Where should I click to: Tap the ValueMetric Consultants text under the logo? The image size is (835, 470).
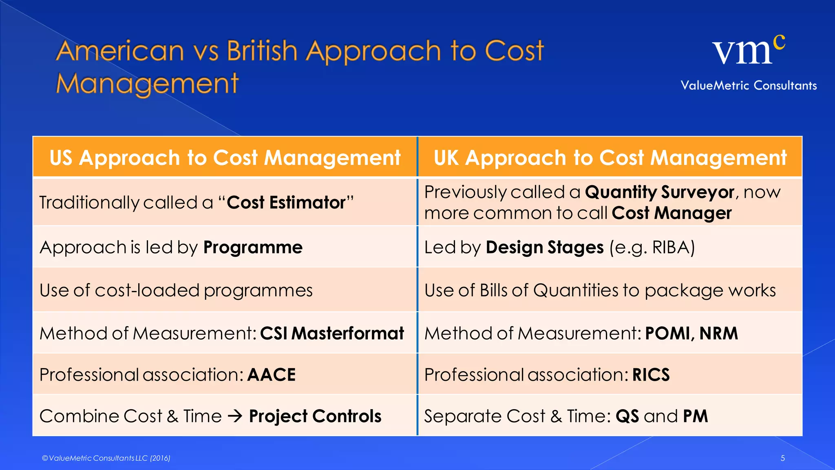pyautogui.click(x=749, y=85)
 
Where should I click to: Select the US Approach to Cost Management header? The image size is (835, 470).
pyautogui.click(x=225, y=157)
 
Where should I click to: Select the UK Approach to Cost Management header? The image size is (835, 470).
pyautogui.click(x=610, y=157)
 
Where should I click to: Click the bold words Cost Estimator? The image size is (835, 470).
pyautogui.click(x=286, y=203)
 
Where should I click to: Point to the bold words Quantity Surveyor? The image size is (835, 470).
pyautogui.click(x=659, y=192)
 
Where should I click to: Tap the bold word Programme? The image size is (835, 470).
pyautogui.click(x=253, y=247)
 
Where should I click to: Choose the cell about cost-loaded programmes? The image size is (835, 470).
pyautogui.click(x=176, y=290)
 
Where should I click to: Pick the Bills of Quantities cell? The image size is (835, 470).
pyautogui.click(x=600, y=290)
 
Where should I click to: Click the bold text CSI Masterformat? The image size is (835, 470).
pyautogui.click(x=331, y=333)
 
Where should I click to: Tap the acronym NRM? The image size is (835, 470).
pyautogui.click(x=718, y=333)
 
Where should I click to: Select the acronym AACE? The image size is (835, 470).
pyautogui.click(x=271, y=375)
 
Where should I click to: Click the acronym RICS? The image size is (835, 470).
pyautogui.click(x=651, y=375)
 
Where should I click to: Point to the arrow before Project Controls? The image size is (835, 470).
pyautogui.click(x=235, y=416)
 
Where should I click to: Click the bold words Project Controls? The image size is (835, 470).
pyautogui.click(x=315, y=416)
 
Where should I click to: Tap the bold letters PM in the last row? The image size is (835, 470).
pyautogui.click(x=695, y=416)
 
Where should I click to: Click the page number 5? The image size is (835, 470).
pyautogui.click(x=782, y=458)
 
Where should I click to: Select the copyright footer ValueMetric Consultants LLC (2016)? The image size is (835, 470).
pyautogui.click(x=106, y=458)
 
